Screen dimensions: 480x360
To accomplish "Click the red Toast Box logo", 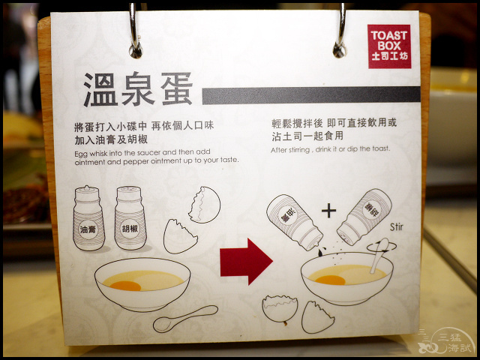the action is point(389,46).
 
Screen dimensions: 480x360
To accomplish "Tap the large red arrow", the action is point(246,262).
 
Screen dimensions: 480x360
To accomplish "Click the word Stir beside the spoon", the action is point(397,227).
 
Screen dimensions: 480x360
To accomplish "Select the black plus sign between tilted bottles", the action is point(328,211).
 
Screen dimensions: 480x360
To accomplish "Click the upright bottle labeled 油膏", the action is point(88,218).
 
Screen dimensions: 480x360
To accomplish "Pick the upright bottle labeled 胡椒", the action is point(130,217).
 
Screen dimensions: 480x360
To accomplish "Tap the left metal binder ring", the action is point(135,31).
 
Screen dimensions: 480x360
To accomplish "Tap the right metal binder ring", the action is point(340,31).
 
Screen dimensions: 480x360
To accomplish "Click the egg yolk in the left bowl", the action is point(125,286).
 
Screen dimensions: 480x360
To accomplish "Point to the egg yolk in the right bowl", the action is point(330,280).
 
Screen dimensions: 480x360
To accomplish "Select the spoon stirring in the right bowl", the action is point(379,256).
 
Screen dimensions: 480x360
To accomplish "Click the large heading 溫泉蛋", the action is point(138,89).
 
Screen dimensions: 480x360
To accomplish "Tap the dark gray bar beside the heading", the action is point(311,95).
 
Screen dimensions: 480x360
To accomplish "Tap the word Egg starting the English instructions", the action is point(80,154).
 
